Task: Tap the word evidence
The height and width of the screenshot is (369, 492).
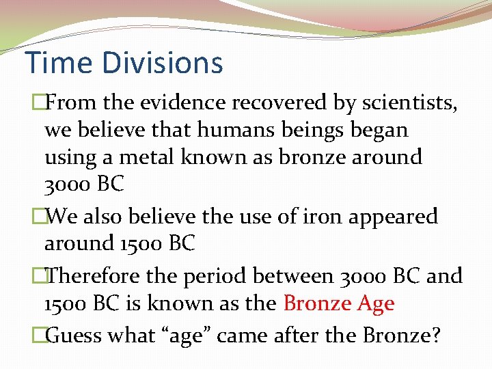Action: (x=183, y=103)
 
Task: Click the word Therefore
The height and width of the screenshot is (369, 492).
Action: (x=94, y=275)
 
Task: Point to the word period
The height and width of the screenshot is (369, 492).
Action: (x=217, y=277)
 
